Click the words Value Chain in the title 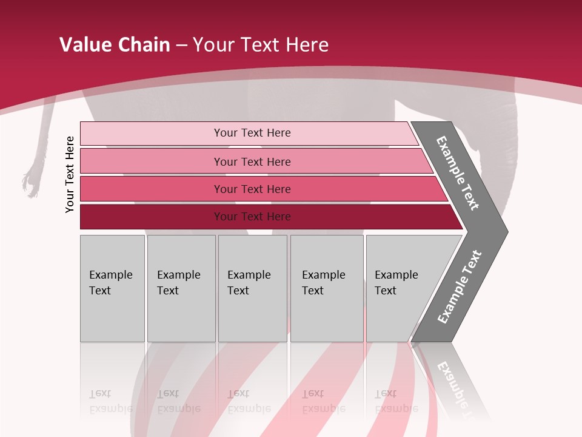pos(115,45)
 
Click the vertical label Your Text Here pos(70,174)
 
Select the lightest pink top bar pos(152,134)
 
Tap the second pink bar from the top pos(152,161)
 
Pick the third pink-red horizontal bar pos(152,189)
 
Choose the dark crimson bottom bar pos(152,217)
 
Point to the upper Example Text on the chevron pos(458,173)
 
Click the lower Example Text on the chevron pos(460,287)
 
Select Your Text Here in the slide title pos(261,45)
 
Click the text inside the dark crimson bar pos(252,217)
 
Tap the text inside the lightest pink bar pos(252,133)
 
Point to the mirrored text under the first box pos(110,401)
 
